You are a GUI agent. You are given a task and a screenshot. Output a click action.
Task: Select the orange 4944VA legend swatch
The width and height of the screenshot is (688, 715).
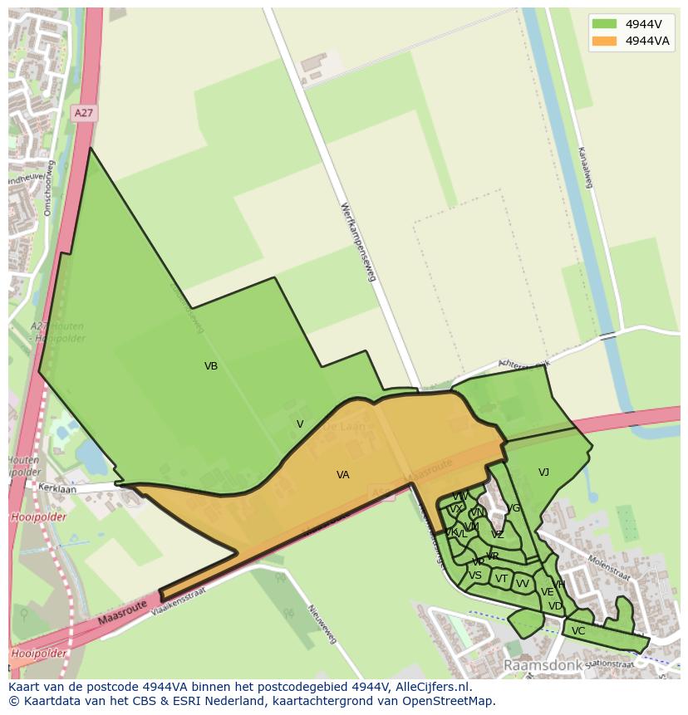pyautogui.click(x=604, y=41)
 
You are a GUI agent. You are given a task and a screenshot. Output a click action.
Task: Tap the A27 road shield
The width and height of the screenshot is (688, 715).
pyautogui.click(x=83, y=112)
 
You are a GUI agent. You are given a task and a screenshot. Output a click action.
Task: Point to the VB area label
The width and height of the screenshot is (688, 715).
pyautogui.click(x=211, y=365)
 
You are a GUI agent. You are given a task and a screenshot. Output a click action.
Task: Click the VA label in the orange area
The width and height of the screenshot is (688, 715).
pyautogui.click(x=342, y=475)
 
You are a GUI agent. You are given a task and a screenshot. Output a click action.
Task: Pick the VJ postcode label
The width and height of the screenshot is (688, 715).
pyautogui.click(x=543, y=473)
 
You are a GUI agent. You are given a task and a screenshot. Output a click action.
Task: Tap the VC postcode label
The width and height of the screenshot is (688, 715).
pyautogui.click(x=578, y=631)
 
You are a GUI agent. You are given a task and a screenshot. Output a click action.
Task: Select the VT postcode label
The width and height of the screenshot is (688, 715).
pyautogui.click(x=501, y=579)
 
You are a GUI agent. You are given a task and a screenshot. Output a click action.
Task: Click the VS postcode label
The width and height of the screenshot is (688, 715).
pyautogui.click(x=475, y=575)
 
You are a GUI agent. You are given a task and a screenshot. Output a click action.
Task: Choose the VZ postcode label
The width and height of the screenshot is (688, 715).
pyautogui.click(x=497, y=535)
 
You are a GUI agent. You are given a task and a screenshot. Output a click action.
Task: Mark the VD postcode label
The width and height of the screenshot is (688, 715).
pyautogui.click(x=555, y=606)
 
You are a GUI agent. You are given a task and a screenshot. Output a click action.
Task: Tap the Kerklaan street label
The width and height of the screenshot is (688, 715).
pyautogui.click(x=57, y=489)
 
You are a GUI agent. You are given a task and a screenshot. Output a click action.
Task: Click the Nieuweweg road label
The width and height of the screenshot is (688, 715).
pyautogui.click(x=322, y=624)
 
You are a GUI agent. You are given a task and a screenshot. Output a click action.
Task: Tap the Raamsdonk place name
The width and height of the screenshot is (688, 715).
pyautogui.click(x=539, y=666)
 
